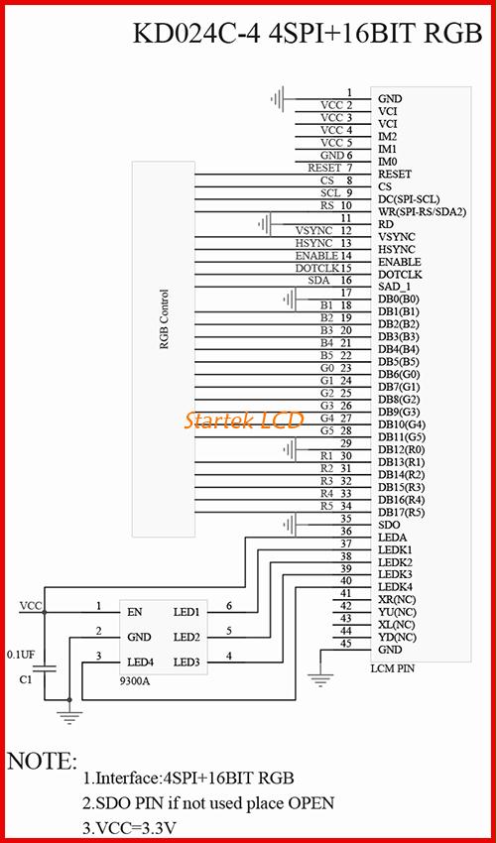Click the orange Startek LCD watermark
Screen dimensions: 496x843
click(x=244, y=420)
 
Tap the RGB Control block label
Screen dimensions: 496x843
click(x=164, y=320)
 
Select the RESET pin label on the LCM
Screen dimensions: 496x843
click(x=395, y=175)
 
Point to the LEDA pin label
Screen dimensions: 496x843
click(x=392, y=538)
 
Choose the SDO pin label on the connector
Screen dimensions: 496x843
click(x=389, y=525)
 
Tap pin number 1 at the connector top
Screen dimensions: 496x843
click(x=349, y=92)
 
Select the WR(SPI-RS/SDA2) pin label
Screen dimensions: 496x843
click(x=423, y=212)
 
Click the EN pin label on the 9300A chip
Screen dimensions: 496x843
click(x=135, y=612)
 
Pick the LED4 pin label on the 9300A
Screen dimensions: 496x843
click(x=141, y=662)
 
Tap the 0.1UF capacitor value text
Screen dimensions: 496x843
click(x=21, y=655)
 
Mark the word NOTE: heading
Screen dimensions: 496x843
click(x=42, y=761)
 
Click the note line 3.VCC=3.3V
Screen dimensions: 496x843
click(x=128, y=826)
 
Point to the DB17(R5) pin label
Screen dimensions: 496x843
click(x=402, y=513)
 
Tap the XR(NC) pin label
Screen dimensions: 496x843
click(x=397, y=599)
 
